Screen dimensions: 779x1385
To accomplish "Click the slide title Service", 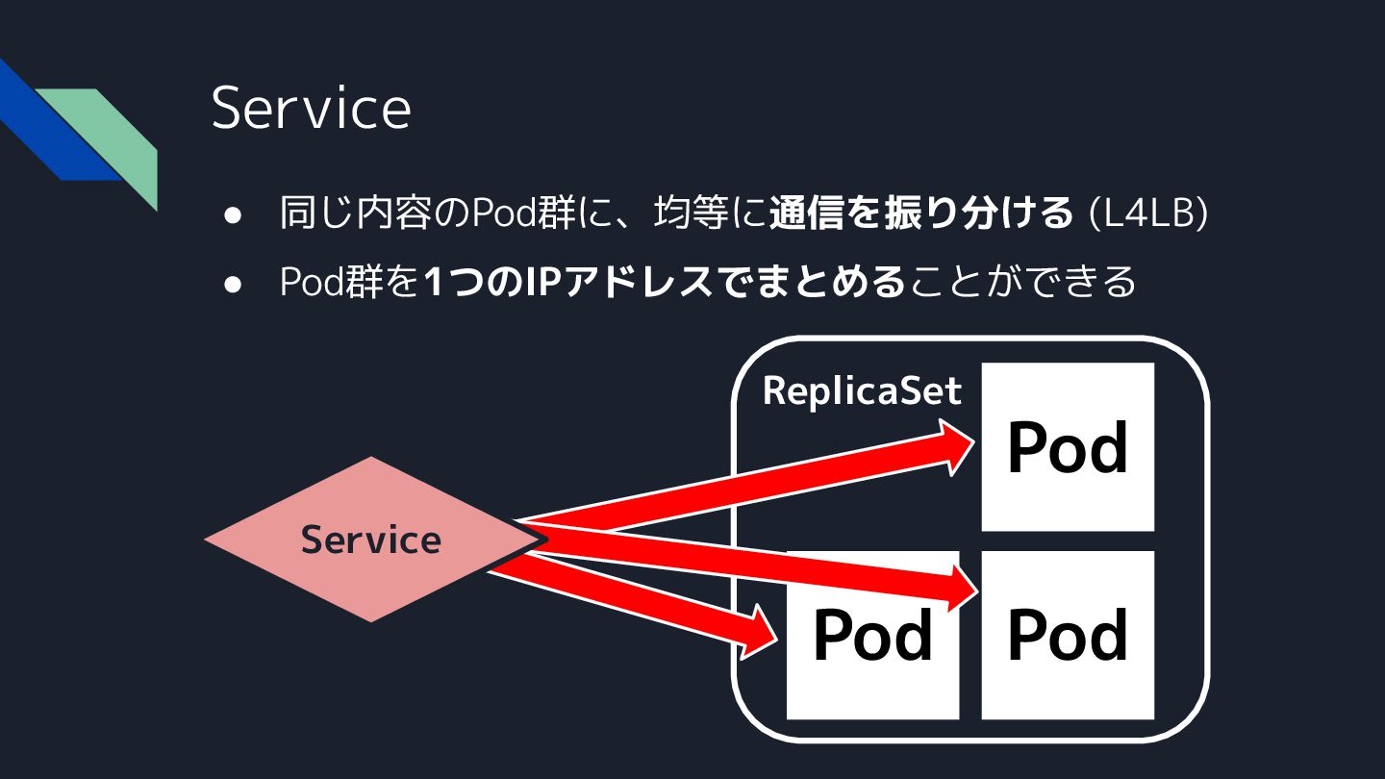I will [x=311, y=108].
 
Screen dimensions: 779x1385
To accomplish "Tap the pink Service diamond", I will [x=370, y=540].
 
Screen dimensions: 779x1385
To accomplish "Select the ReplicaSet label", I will [x=862, y=390].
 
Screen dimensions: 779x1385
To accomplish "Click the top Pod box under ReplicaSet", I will [x=1067, y=446].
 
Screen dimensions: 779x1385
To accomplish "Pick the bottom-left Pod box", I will [x=872, y=635].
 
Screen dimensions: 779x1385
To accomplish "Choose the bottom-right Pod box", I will [x=1067, y=635].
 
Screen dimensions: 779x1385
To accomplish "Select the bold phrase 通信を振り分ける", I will [x=920, y=214].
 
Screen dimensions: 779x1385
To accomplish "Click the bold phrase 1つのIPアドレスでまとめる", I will [x=665, y=282].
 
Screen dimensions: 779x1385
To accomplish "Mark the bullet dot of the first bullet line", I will [x=232, y=216].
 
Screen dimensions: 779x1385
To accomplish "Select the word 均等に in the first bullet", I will [x=709, y=214].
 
